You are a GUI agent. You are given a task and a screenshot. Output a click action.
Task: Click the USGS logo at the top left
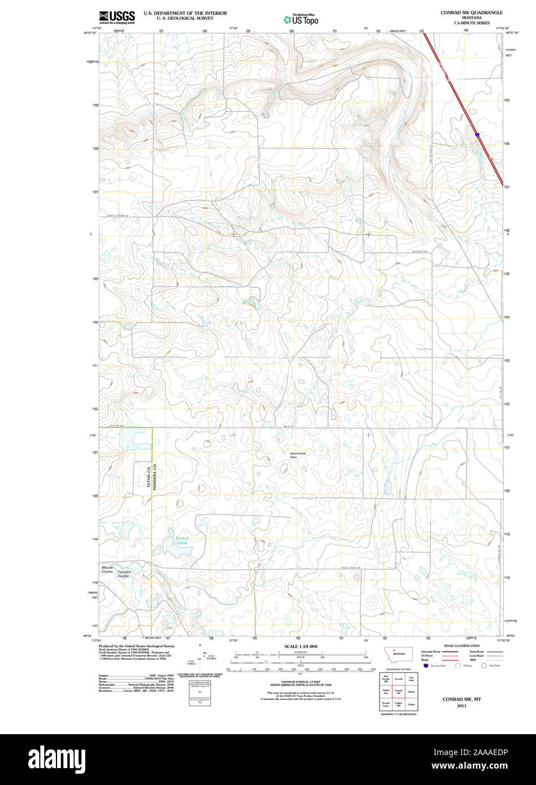pos(117,17)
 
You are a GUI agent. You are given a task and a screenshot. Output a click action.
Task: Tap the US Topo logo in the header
pos(302,19)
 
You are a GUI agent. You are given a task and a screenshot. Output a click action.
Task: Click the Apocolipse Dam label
pos(297,455)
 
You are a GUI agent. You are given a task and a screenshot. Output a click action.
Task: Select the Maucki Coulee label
pos(107,569)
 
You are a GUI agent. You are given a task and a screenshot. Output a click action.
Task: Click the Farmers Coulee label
pos(124,574)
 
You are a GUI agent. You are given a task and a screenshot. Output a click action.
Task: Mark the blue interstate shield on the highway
pos(478,135)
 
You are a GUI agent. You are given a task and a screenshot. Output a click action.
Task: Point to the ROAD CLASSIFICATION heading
pos(461,646)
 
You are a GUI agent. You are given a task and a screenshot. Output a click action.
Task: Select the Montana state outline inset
pos(399,653)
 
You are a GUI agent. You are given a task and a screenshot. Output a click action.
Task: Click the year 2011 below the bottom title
pos(461,705)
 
